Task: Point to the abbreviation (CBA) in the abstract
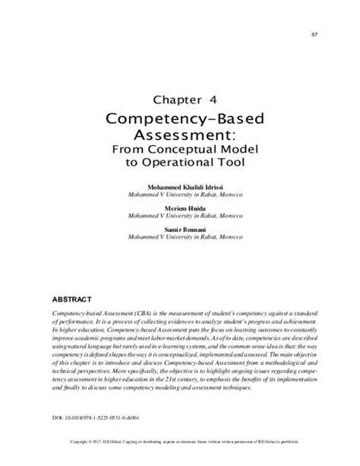click(x=123, y=313)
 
